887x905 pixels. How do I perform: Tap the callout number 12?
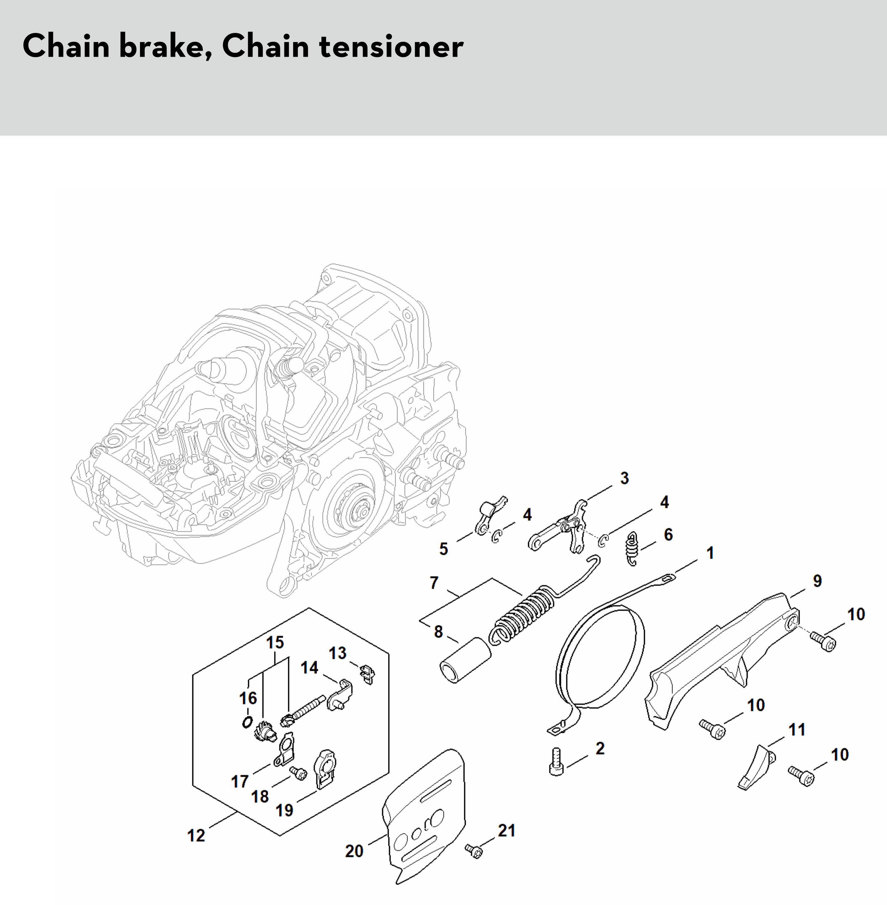click(196, 835)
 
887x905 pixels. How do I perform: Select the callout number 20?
click(354, 851)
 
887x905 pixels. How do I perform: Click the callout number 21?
click(506, 830)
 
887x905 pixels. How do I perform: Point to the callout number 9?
click(817, 581)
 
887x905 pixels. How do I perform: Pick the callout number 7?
click(434, 583)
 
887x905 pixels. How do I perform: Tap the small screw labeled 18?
click(297, 773)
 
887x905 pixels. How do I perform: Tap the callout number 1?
click(710, 553)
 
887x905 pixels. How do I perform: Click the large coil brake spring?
click(522, 615)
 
